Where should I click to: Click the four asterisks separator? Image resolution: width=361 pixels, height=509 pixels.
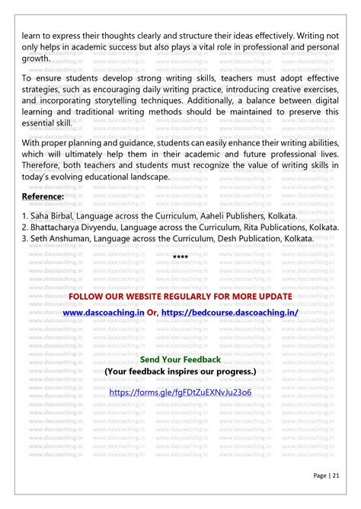pos(180,258)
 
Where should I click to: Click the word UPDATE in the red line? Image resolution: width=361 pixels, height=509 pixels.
pos(271,296)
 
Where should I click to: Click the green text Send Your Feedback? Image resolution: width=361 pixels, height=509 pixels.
pos(180,359)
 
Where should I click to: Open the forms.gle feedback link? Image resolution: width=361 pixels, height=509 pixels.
pos(180,393)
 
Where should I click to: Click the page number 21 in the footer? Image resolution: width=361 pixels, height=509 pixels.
pos(335,476)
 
